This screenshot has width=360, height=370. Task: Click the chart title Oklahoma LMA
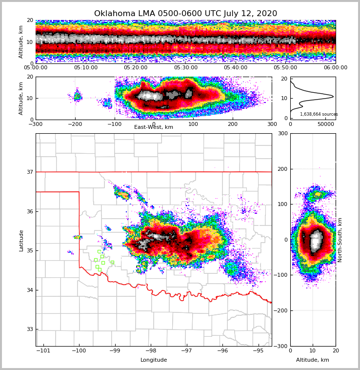click(x=185, y=14)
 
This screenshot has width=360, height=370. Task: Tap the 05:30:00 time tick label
click(x=186, y=68)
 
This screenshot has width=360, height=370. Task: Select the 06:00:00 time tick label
click(x=335, y=68)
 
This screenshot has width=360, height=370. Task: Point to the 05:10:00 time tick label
click(x=85, y=68)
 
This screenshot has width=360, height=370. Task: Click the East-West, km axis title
click(x=154, y=127)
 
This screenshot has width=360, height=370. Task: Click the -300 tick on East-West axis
click(x=36, y=124)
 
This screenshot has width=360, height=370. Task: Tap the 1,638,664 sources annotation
click(x=319, y=114)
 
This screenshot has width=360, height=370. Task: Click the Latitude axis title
click(x=21, y=240)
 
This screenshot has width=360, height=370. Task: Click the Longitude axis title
click(x=154, y=360)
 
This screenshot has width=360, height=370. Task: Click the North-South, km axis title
click(x=340, y=240)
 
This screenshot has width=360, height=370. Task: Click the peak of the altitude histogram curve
click(x=333, y=96)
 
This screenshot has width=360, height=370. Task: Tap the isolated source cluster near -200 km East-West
click(x=77, y=96)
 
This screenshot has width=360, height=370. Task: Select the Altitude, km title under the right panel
click(x=312, y=360)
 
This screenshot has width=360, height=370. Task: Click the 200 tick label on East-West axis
click(x=233, y=124)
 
